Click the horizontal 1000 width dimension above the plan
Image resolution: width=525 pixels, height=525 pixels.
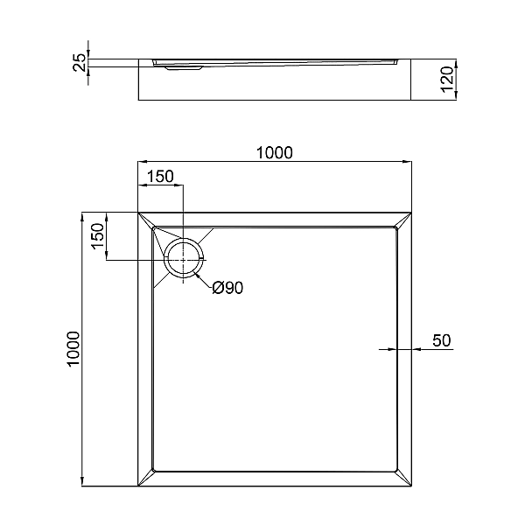[274, 152]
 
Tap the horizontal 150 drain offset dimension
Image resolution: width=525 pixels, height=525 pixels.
[160, 176]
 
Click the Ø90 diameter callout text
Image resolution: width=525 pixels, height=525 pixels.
[227, 288]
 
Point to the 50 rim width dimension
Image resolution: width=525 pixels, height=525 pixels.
[441, 340]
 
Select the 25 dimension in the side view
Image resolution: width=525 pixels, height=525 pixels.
[80, 62]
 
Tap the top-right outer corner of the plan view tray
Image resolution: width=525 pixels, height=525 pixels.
[412, 212]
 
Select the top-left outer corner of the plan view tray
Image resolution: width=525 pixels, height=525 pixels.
[137, 212]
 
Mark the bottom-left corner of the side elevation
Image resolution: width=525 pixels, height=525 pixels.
[138, 100]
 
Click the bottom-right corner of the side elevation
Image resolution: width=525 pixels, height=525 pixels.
[412, 100]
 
